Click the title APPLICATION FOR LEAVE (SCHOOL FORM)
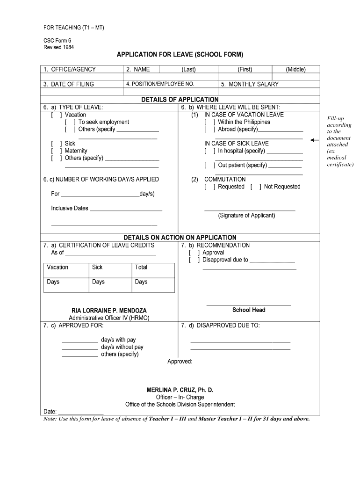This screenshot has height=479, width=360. [x=180, y=55]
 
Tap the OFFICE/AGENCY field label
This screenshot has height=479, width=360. [x=70, y=70]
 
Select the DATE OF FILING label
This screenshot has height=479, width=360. [x=69, y=84]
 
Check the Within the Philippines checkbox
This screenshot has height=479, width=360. [x=209, y=122]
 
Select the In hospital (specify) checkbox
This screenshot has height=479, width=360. [x=209, y=151]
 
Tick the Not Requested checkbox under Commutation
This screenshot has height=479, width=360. [x=256, y=187]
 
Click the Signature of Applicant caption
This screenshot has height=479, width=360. [x=246, y=216]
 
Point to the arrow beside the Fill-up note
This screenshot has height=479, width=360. [x=315, y=140]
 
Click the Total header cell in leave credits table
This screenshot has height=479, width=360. [x=141, y=267]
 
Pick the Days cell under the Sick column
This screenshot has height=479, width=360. [x=98, y=282]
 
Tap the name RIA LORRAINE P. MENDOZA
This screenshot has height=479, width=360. [x=109, y=311]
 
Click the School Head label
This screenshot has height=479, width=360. [x=249, y=310]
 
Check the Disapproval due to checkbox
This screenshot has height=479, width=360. [x=194, y=260]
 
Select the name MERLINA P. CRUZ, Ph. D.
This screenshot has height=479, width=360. [x=180, y=390]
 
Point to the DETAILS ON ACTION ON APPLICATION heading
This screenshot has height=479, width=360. [x=180, y=238]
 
